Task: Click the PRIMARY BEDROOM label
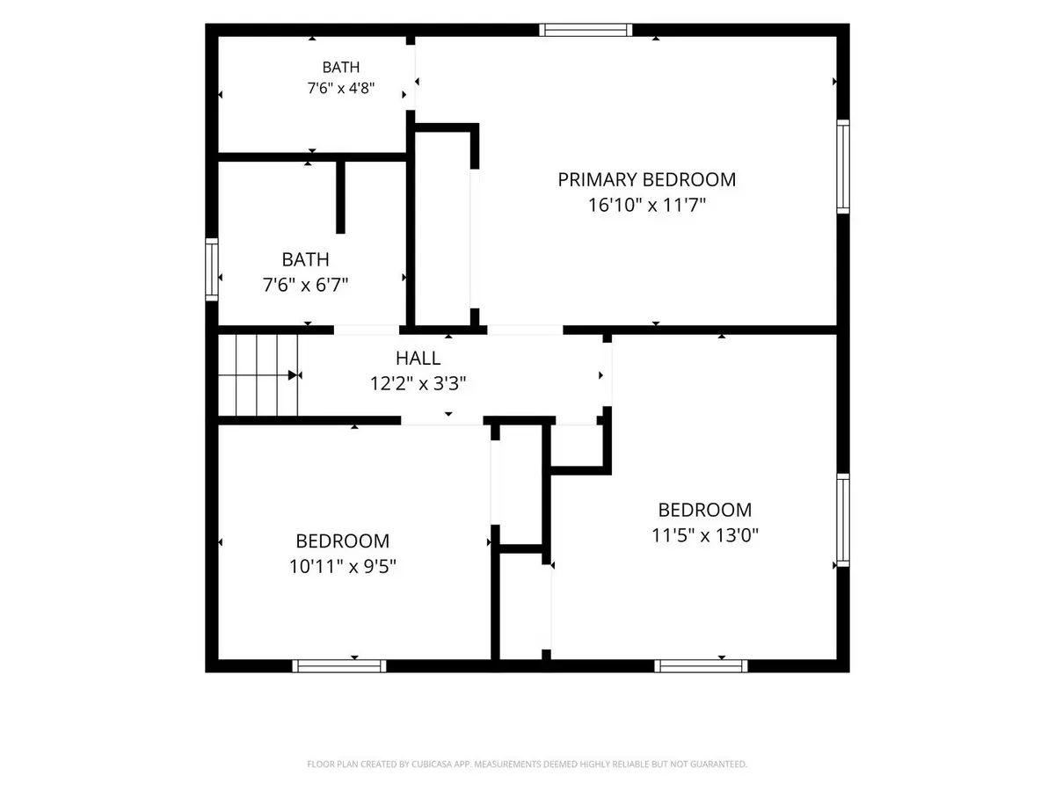click(646, 179)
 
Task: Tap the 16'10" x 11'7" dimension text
click(647, 205)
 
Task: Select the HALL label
click(418, 358)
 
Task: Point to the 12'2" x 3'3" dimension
click(418, 383)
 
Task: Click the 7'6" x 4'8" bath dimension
click(341, 89)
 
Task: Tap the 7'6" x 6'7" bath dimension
click(305, 285)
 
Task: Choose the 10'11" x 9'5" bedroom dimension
click(342, 566)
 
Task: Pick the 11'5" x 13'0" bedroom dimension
click(704, 534)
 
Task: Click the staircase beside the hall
click(258, 375)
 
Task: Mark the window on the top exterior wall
click(586, 30)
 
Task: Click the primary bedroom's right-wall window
click(843, 166)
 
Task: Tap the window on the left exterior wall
click(212, 270)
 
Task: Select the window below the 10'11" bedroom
click(339, 665)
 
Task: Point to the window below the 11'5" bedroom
click(701, 665)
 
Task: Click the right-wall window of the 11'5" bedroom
click(843, 520)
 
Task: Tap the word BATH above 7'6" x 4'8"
click(341, 68)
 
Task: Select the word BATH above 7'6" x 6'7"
click(305, 260)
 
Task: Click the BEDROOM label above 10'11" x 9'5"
click(342, 541)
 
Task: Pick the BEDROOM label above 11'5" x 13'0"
click(704, 510)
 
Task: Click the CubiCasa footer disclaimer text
click(527, 764)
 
